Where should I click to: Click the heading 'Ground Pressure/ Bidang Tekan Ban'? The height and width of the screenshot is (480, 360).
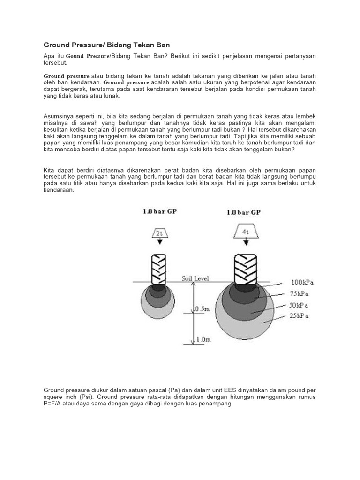click(106, 45)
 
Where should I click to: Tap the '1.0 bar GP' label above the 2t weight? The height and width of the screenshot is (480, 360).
click(160, 211)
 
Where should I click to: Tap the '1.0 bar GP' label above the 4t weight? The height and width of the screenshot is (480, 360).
click(243, 212)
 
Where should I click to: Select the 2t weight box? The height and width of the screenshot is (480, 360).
click(159, 232)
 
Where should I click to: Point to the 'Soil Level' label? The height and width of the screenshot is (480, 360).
click(196, 278)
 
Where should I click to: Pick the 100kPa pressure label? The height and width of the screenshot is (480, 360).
click(302, 283)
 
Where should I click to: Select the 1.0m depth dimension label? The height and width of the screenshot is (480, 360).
click(203, 339)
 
